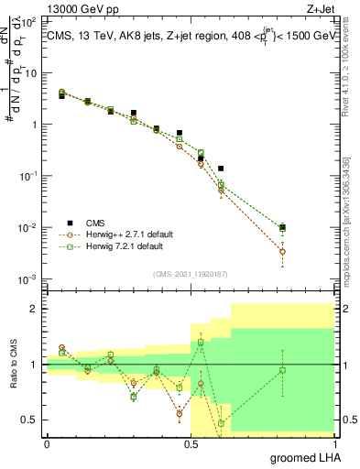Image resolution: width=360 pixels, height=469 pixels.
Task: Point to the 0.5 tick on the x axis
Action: (191, 443)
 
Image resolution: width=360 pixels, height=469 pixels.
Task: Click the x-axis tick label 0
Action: (47, 443)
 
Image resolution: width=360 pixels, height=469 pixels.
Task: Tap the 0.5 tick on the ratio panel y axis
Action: (32, 420)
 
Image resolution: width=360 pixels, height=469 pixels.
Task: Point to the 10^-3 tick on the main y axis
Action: (30, 278)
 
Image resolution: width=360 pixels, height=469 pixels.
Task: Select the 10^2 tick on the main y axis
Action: (30, 21)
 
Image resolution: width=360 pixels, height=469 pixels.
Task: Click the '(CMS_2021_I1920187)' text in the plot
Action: (191, 272)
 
